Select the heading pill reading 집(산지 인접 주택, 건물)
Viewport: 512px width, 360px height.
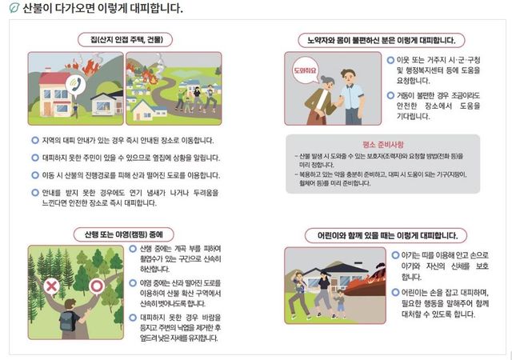click(x=126, y=38)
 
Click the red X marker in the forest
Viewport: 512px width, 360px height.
click(x=51, y=285)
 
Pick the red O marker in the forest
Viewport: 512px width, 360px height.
click(x=97, y=285)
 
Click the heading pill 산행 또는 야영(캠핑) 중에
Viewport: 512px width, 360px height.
click(x=126, y=234)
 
